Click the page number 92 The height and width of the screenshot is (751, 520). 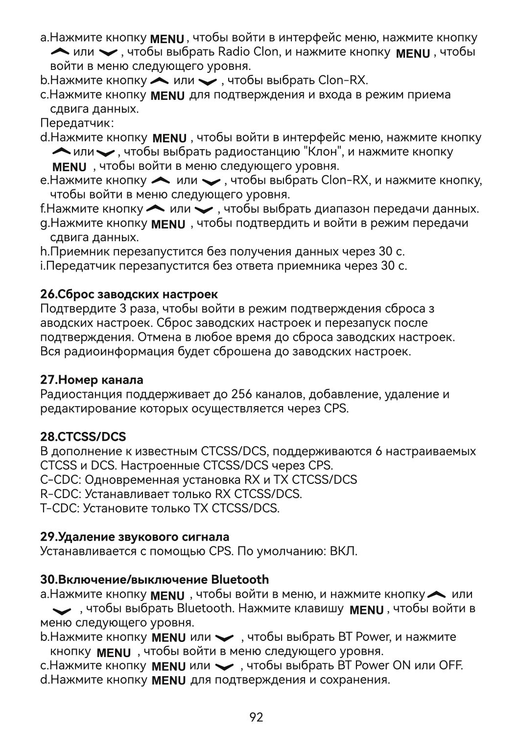click(256, 717)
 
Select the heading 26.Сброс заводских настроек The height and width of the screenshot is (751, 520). click(129, 295)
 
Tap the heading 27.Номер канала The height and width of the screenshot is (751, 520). click(92, 380)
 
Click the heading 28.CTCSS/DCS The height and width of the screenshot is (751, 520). click(83, 436)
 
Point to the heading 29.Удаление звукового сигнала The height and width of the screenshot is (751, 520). click(134, 537)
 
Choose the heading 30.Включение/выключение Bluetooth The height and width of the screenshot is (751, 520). click(154, 580)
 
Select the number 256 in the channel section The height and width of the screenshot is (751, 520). click(241, 394)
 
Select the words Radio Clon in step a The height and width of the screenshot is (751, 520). click(248, 52)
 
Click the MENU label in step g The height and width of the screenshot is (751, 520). click(168, 225)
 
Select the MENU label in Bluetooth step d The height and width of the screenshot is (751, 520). click(168, 681)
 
